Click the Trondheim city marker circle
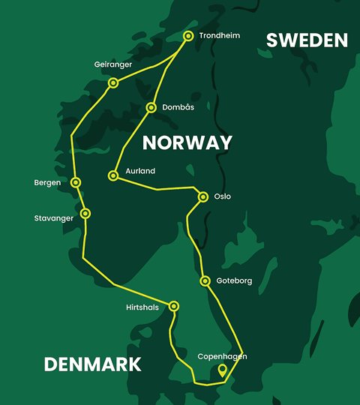(x=188, y=36)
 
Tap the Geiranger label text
(x=114, y=64)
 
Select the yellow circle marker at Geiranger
(x=113, y=82)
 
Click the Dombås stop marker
(x=151, y=108)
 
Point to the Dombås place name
(x=178, y=108)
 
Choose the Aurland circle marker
(x=112, y=175)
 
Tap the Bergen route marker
(x=76, y=182)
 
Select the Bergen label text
(x=47, y=182)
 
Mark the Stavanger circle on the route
(x=85, y=214)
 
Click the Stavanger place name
(x=55, y=218)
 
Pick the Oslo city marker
(x=203, y=197)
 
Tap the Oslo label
(x=223, y=197)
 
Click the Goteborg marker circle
(x=205, y=281)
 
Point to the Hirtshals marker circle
(x=174, y=306)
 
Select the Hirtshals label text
(x=143, y=307)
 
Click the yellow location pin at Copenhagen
(x=222, y=370)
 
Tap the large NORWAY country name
(x=187, y=142)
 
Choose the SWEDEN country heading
(x=307, y=40)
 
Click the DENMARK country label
(x=92, y=364)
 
